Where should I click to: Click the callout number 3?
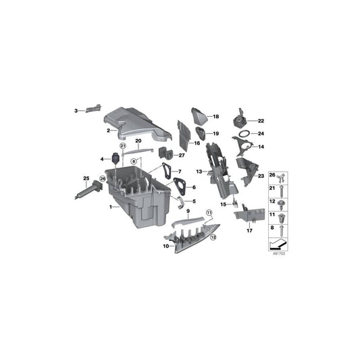click(76, 109)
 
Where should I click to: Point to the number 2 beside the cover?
click(107, 130)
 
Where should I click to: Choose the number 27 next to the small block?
click(182, 155)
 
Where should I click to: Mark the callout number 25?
click(86, 178)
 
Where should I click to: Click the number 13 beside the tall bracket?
click(199, 172)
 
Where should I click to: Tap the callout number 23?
click(260, 176)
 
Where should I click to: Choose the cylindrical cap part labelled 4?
click(119, 159)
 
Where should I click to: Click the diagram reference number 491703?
click(278, 255)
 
